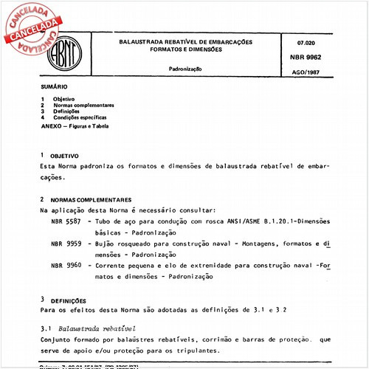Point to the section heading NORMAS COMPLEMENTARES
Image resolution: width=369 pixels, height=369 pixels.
(91, 199)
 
